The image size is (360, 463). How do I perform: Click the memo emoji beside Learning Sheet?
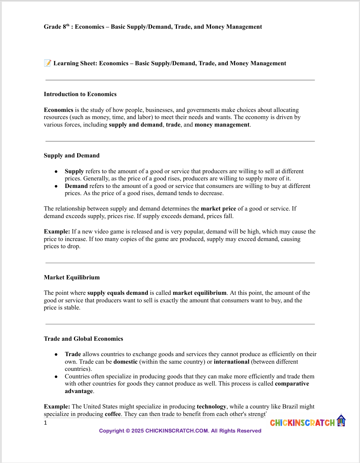pos(47,63)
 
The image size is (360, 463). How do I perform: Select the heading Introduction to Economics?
pos(80,94)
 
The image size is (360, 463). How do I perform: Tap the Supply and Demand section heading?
pos(71,156)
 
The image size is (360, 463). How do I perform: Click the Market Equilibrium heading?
pos(72,278)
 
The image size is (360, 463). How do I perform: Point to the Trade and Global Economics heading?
pos(83,339)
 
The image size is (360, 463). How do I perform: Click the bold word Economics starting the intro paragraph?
pos(59,110)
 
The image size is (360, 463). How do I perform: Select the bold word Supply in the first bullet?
pos(74,171)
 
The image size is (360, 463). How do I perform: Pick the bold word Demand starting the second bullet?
pos(76,186)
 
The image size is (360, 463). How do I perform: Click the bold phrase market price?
pos(218,209)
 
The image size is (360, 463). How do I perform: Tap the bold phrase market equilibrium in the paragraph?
pos(200,293)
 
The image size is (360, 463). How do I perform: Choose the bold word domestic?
pos(125,362)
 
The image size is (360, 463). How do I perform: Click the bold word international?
pos(232,362)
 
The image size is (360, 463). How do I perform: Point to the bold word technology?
pos(211,407)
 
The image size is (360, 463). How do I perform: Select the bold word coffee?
pos(113,414)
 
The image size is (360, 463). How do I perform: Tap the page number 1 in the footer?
pos(46,423)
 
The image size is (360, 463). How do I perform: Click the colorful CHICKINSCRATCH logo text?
pos(302,423)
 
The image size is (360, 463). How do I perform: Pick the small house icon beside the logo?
pos(341,420)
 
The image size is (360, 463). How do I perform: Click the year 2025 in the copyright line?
pos(137,431)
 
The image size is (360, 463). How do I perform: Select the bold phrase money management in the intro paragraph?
pos(222,125)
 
